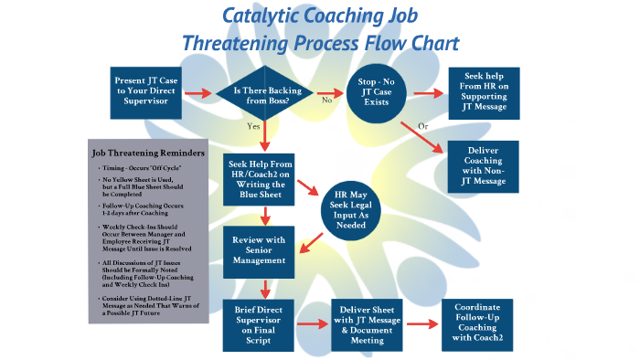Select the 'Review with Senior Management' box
point(264,250)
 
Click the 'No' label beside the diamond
point(326,101)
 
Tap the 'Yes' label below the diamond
point(253,128)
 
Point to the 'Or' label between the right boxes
point(422,125)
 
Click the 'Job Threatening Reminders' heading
point(146,153)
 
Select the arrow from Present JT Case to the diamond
point(197,93)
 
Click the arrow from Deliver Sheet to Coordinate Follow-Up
point(422,324)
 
